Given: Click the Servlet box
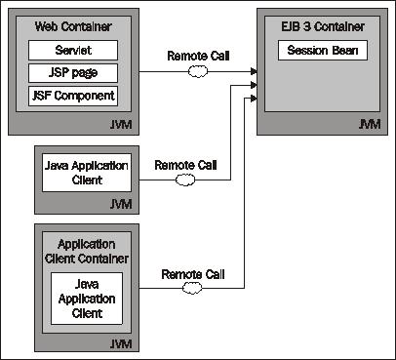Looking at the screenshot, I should pyautogui.click(x=73, y=50).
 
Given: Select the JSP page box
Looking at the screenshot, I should pyautogui.click(x=73, y=72).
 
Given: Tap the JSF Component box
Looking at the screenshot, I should pyautogui.click(x=73, y=95).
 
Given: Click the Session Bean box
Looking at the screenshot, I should pyautogui.click(x=322, y=50).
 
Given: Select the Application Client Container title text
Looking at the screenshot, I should pyautogui.click(x=87, y=250).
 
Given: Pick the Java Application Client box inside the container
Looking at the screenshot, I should pyautogui.click(x=87, y=299).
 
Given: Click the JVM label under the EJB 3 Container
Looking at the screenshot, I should pyautogui.click(x=370, y=126).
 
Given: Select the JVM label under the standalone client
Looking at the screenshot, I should pyautogui.click(x=123, y=204).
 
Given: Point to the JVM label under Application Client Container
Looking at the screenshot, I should pyautogui.click(x=123, y=343).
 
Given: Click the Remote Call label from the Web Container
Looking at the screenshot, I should pyautogui.click(x=198, y=58).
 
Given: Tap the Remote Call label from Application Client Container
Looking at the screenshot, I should pyautogui.click(x=192, y=274).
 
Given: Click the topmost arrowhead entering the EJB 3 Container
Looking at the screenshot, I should pyautogui.click(x=254, y=71).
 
